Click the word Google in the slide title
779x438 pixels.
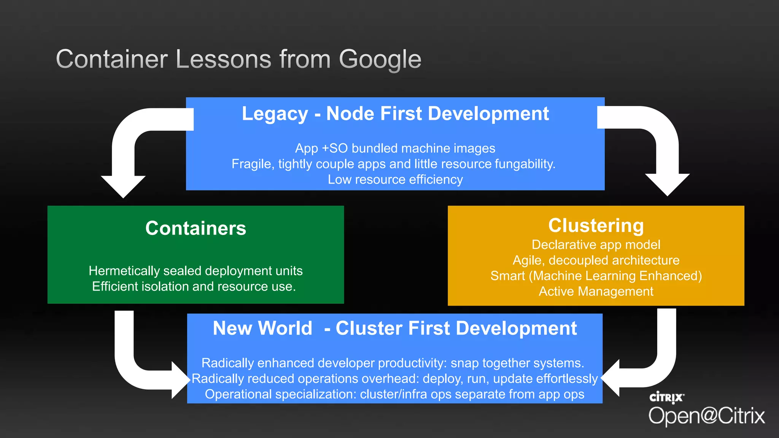tap(380, 60)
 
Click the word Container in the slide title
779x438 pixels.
tap(111, 60)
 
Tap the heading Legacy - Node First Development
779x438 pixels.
tap(395, 114)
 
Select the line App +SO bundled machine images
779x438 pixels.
tap(395, 148)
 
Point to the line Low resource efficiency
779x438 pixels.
tap(395, 179)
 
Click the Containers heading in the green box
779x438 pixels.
tap(196, 228)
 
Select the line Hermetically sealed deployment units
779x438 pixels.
tap(196, 271)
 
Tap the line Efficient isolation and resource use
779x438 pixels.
tap(194, 286)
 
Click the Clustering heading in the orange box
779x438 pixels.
tap(596, 225)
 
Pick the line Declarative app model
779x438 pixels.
tap(596, 244)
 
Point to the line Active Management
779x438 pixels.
tap(596, 291)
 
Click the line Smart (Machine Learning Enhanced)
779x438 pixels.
tap(596, 276)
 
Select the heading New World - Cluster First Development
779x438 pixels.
tap(394, 328)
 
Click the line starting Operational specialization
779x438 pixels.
tap(394, 394)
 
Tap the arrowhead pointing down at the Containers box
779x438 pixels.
tap(123, 186)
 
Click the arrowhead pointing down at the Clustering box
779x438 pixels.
tap(667, 184)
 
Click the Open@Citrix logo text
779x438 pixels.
tap(706, 416)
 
